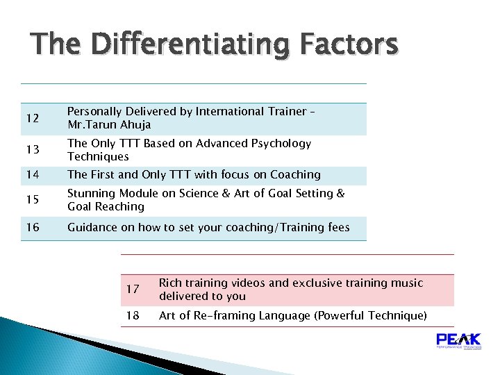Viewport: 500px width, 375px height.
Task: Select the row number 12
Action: pyautogui.click(x=32, y=119)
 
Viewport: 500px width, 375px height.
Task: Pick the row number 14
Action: pyautogui.click(x=32, y=175)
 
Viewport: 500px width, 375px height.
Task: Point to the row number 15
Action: pyautogui.click(x=32, y=201)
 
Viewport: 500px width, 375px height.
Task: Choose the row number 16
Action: pyautogui.click(x=32, y=228)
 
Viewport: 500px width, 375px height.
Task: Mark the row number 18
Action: pyautogui.click(x=133, y=316)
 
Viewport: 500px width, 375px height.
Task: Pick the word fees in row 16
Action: pyautogui.click(x=336, y=228)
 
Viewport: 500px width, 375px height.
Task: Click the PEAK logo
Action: pyautogui.click(x=458, y=341)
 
